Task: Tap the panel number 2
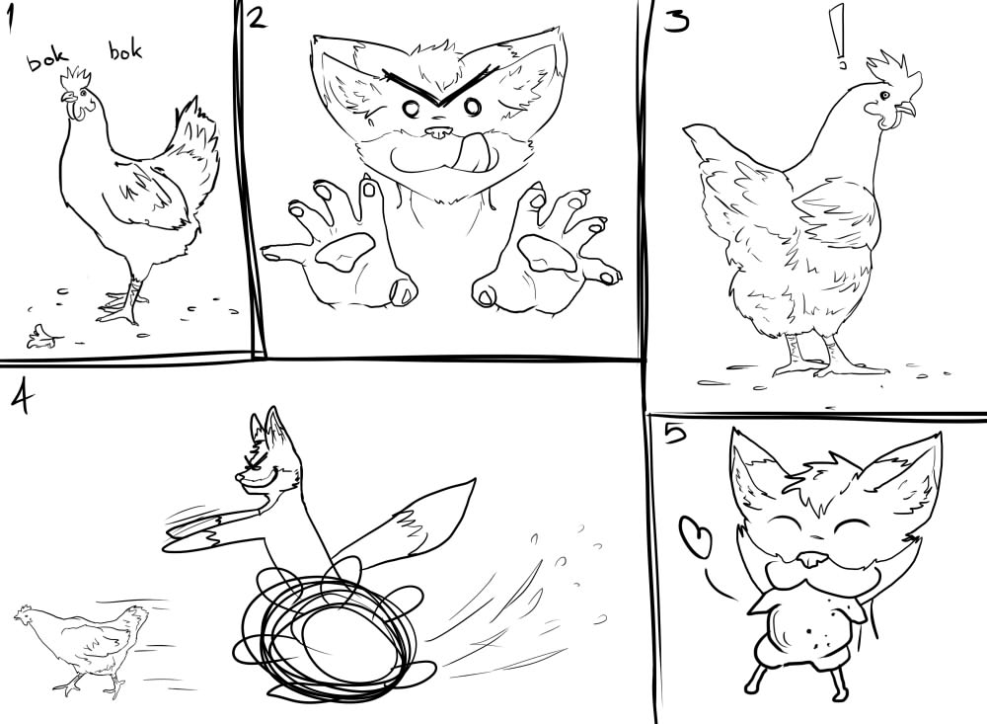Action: [x=257, y=19]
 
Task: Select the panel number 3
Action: [x=676, y=22]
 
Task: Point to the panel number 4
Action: [x=22, y=399]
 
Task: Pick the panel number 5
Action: [x=673, y=434]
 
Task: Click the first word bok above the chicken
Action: [x=46, y=60]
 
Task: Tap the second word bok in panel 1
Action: [x=125, y=50]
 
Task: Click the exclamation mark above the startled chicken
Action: [x=838, y=37]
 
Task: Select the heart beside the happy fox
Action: [x=696, y=537]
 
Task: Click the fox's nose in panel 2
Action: [x=437, y=132]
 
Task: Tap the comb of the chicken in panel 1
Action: [x=75, y=79]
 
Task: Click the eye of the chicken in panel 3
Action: [x=885, y=95]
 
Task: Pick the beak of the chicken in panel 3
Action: [x=905, y=109]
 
